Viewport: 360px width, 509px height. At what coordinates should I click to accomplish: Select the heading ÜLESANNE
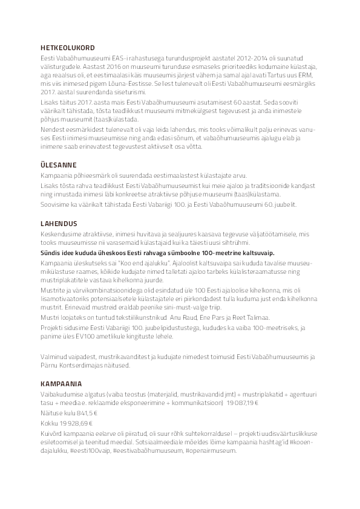click(x=59, y=164)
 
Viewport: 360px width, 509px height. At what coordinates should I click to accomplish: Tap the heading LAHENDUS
click(x=58, y=223)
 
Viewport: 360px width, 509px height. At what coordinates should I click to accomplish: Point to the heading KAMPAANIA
click(x=61, y=383)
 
